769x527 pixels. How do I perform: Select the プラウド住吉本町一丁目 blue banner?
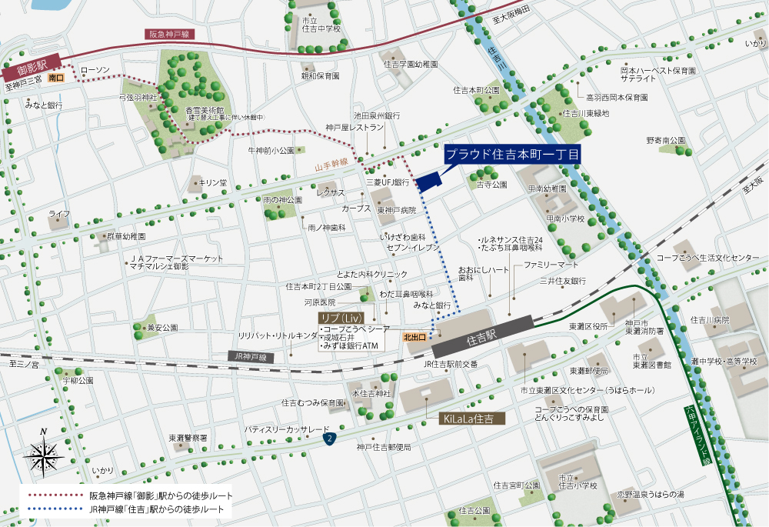point(512,154)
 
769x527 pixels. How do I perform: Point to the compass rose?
point(44,454)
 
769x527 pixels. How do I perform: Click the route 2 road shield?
point(329,438)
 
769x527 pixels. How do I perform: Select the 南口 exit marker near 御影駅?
point(55,78)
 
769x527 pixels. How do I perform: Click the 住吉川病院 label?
point(710,319)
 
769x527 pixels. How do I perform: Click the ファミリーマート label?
point(551,265)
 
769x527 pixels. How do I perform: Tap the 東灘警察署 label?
point(188,438)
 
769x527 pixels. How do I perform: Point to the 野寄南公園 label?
point(665,141)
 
